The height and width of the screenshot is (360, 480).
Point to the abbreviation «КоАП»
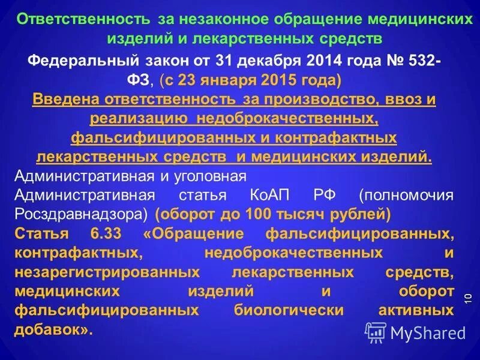click(266, 196)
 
